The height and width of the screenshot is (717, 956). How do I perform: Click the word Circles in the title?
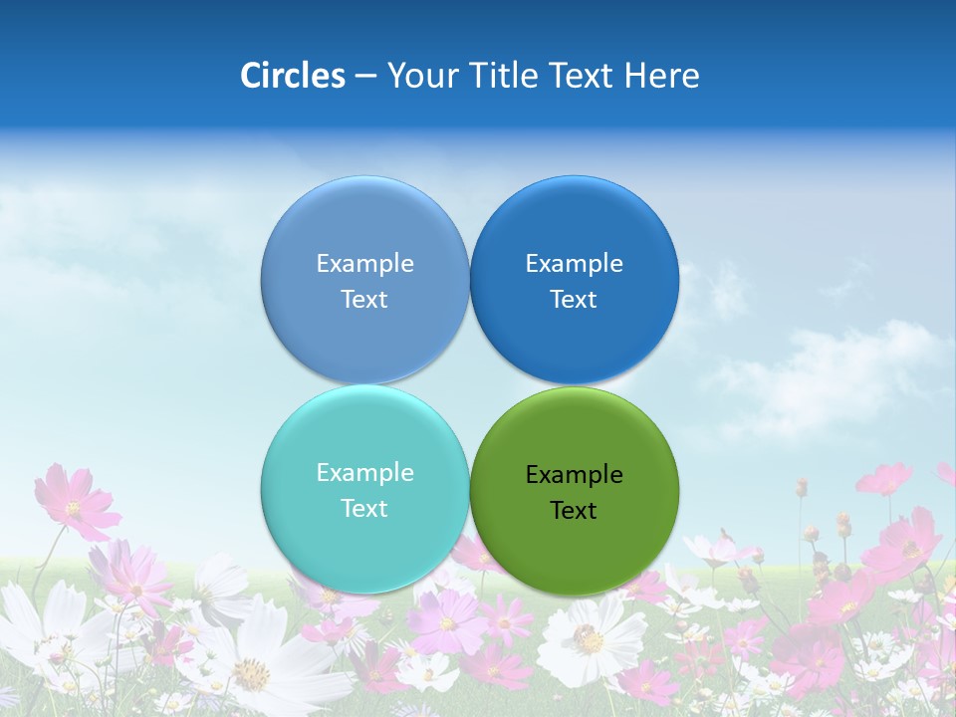point(293,76)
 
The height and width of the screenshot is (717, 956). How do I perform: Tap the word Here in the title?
point(661,76)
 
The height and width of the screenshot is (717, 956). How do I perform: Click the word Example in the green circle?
point(575,475)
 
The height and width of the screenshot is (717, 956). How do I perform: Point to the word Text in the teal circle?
point(364,509)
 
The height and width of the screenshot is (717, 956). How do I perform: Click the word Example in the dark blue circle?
point(575,264)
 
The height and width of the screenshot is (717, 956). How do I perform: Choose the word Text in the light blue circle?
point(364,300)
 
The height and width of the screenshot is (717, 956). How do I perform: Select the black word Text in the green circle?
point(574,511)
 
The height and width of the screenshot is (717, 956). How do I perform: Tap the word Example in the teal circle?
point(364,473)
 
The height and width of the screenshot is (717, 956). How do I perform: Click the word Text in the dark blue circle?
point(574,300)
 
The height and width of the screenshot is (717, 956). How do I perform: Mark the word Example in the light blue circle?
point(364,264)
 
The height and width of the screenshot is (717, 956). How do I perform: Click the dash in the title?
point(365,76)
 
